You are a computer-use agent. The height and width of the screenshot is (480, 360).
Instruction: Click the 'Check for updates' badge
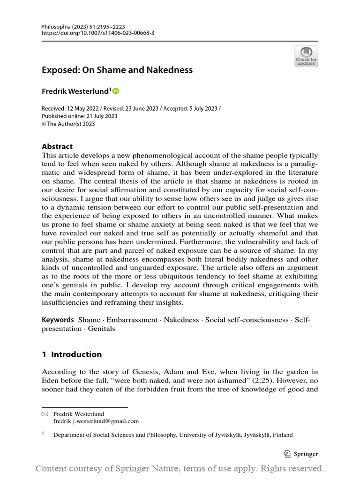(x=306, y=56)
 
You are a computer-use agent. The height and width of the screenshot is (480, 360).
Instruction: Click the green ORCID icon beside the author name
(x=116, y=91)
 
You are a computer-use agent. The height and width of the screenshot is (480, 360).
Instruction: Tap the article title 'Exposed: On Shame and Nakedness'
(x=117, y=70)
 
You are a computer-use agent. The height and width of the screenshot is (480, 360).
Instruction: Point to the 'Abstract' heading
(x=57, y=146)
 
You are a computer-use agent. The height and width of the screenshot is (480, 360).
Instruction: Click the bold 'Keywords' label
(x=58, y=320)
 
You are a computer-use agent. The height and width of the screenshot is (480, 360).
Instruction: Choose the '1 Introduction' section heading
(x=72, y=354)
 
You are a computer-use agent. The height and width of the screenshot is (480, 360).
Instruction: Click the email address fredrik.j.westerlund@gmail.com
(x=96, y=421)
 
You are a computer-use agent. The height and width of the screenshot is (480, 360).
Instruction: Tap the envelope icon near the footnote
(x=45, y=414)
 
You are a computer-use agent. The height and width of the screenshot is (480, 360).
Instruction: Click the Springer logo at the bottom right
(x=301, y=453)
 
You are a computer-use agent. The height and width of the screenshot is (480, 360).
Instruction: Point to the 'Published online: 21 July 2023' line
(x=80, y=116)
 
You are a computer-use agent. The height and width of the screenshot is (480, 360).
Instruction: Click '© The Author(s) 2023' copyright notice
(x=68, y=124)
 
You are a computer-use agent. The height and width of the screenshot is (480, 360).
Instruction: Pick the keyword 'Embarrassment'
(x=132, y=320)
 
